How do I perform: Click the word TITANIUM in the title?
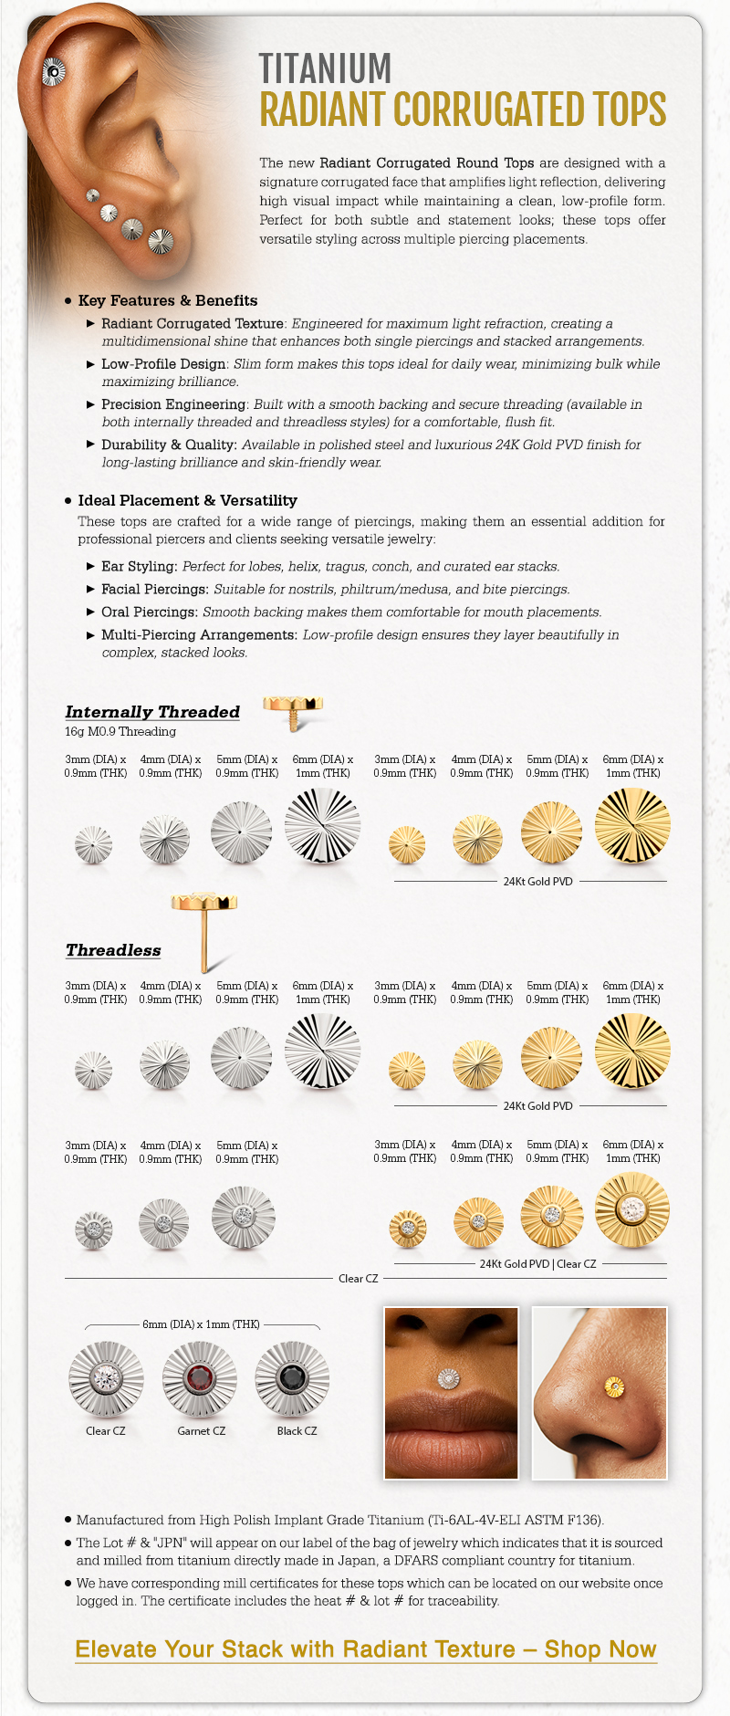325,68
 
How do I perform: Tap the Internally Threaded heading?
152,712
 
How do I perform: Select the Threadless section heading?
113,950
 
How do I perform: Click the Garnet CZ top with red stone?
200,1378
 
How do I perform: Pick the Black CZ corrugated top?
292,1378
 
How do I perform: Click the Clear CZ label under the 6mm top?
106,1430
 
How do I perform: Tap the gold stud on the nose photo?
615,1387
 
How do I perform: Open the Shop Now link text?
600,1649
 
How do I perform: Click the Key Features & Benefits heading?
168,300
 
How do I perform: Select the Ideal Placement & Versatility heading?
187,500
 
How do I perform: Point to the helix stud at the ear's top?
54,71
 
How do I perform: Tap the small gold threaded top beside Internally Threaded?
293,708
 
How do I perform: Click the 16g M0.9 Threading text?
120,731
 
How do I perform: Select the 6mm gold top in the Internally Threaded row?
632,826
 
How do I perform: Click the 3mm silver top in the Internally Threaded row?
93,844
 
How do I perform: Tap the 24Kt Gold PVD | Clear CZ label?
537,1264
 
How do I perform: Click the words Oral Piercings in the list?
150,612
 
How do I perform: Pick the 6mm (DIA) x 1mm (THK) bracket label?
201,1324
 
